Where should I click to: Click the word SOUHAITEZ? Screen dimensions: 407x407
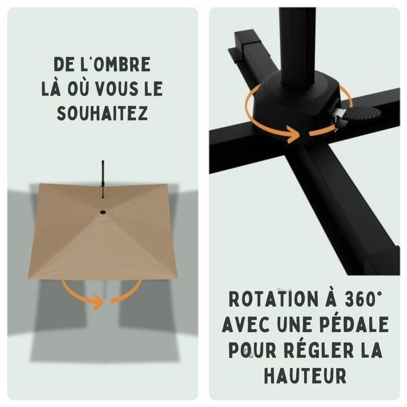103,113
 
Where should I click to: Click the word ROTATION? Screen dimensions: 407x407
273,299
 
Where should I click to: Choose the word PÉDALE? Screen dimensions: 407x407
357,324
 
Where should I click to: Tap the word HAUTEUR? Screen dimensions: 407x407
305,375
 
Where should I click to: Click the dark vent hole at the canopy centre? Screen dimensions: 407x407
103,212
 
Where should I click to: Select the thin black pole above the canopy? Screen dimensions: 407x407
103,179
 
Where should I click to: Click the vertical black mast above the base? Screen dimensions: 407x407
297,47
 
